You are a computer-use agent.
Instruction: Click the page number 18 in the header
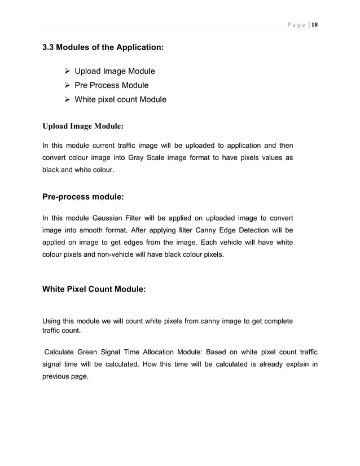[315, 25]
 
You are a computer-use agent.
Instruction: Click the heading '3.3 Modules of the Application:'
[103, 49]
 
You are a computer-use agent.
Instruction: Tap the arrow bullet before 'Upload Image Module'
[66, 71]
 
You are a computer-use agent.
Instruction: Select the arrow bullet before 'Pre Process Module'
[66, 85]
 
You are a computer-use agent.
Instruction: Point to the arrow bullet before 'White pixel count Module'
[66, 99]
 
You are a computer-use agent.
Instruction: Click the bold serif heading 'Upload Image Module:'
[83, 125]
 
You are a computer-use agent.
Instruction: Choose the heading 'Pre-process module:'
[83, 197]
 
